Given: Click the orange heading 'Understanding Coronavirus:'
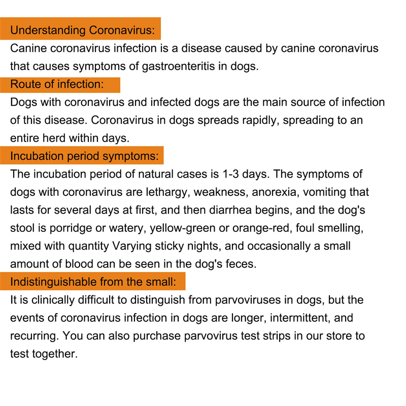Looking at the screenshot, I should [82, 30].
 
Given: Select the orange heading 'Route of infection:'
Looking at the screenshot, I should [57, 84].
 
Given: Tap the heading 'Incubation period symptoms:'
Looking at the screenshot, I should [85, 155].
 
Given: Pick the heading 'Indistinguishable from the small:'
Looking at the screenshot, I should [93, 281].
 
